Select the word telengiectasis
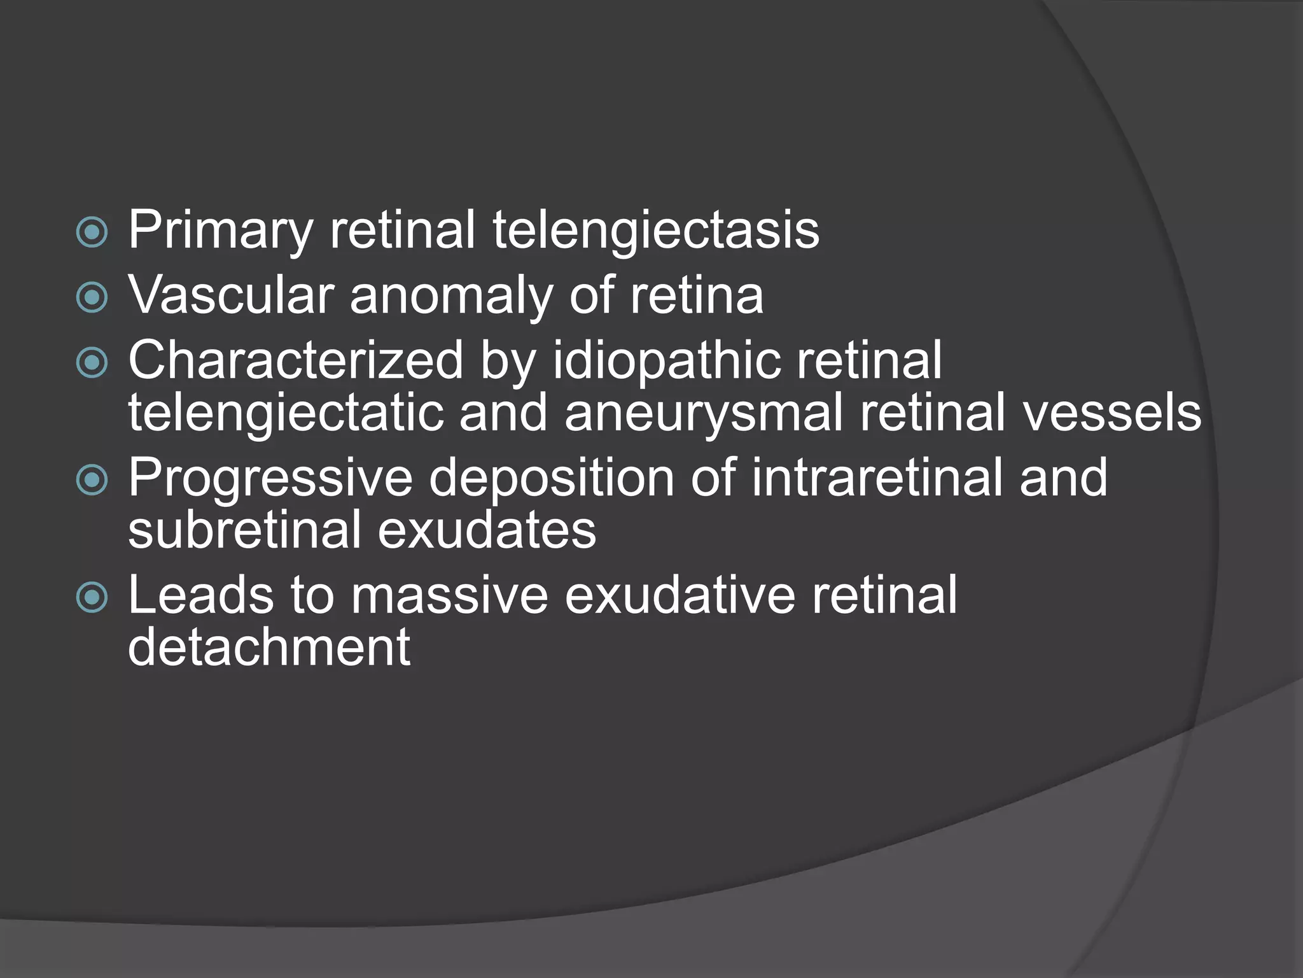point(655,230)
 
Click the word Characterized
point(295,360)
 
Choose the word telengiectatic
point(285,413)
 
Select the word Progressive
point(270,479)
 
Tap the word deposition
point(551,479)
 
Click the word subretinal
point(245,530)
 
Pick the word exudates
point(487,530)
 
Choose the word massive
point(449,595)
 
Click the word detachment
point(268,648)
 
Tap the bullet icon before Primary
point(92,232)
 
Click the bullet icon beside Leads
point(92,597)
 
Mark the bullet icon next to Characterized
point(92,363)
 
